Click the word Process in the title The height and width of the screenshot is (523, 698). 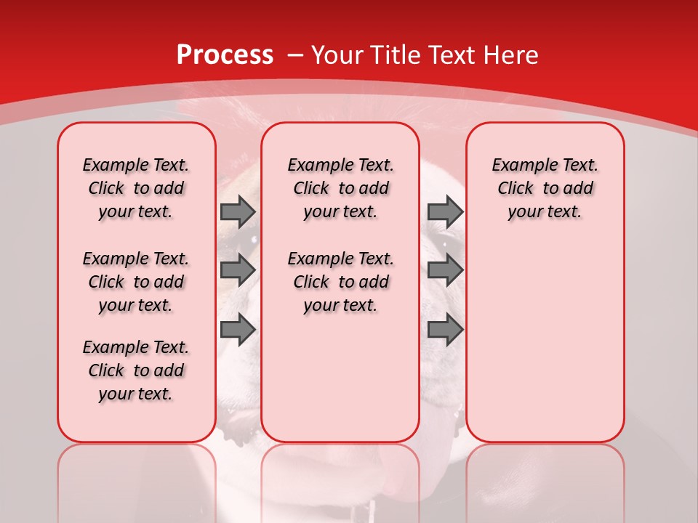pyautogui.click(x=225, y=55)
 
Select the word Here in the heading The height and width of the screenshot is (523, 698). pyautogui.click(x=512, y=55)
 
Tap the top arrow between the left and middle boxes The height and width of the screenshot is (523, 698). pyautogui.click(x=237, y=212)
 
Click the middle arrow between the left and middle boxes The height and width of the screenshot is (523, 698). pyautogui.click(x=237, y=270)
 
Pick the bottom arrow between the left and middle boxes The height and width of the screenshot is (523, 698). pyautogui.click(x=237, y=330)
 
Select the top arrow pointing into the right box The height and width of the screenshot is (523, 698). pyautogui.click(x=445, y=212)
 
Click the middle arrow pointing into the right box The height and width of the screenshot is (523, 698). pyautogui.click(x=445, y=270)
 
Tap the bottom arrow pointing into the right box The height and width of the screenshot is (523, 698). pyautogui.click(x=445, y=330)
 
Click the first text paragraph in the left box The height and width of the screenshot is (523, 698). pyautogui.click(x=136, y=188)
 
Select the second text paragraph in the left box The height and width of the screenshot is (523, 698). pyautogui.click(x=136, y=282)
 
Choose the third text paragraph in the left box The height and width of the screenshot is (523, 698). pyautogui.click(x=136, y=370)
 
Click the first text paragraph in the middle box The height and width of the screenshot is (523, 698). pyautogui.click(x=340, y=188)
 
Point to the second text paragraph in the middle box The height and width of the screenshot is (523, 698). pyautogui.click(x=340, y=282)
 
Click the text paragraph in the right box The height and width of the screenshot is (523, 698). pyautogui.click(x=545, y=188)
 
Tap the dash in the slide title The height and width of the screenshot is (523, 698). pyautogui.click(x=295, y=55)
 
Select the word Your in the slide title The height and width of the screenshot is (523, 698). pyautogui.click(x=336, y=55)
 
